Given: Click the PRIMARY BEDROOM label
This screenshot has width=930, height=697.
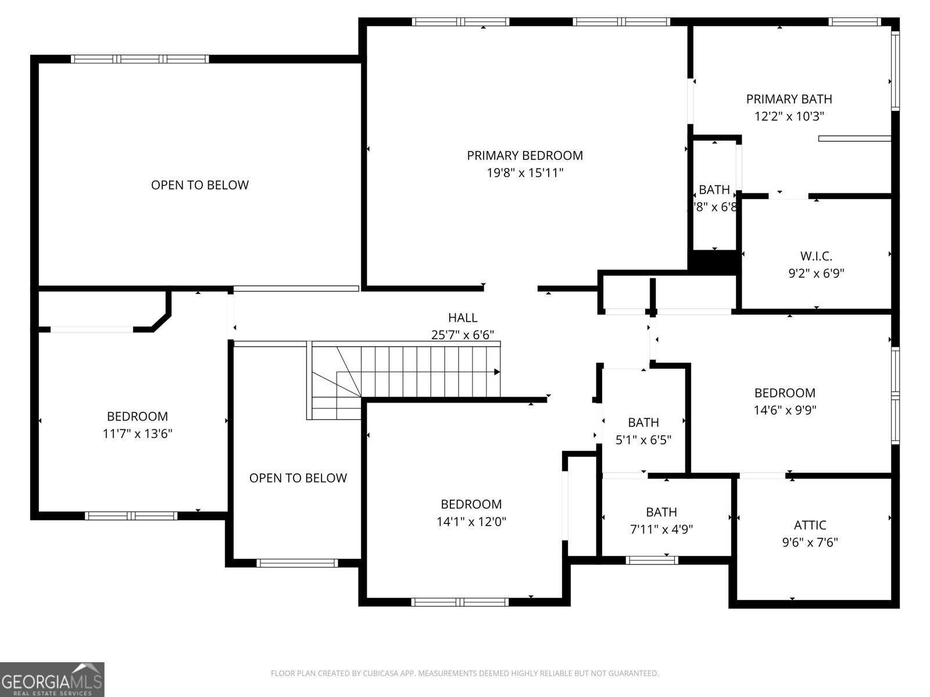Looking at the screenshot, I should (x=525, y=156).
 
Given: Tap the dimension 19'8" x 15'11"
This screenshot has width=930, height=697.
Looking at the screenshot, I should (x=525, y=173).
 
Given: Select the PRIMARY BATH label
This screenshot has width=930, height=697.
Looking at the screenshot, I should (x=789, y=99).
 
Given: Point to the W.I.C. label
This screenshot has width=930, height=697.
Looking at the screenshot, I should (x=816, y=256).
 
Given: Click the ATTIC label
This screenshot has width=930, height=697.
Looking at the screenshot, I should (x=810, y=526).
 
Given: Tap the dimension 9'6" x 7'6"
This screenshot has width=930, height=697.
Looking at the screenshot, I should (x=810, y=543).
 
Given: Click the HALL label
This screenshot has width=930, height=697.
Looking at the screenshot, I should (x=463, y=318).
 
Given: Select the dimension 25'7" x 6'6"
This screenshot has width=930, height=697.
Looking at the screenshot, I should (x=463, y=335).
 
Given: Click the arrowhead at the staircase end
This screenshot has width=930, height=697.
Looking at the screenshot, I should (x=497, y=372).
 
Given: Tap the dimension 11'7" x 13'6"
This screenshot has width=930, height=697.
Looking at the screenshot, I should (x=137, y=434).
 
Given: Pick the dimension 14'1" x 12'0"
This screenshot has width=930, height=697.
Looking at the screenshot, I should (x=471, y=522).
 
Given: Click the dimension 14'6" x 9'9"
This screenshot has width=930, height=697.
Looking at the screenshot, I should (x=785, y=411).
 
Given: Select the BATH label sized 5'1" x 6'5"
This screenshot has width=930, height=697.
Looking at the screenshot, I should (x=643, y=423).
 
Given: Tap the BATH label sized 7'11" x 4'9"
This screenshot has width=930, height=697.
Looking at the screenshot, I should (x=661, y=512).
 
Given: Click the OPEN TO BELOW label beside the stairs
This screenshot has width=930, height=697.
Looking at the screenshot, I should (x=298, y=478).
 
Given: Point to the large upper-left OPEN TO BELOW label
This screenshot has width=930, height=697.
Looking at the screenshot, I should (x=199, y=185).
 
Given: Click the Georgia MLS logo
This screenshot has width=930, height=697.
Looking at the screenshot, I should (x=52, y=679).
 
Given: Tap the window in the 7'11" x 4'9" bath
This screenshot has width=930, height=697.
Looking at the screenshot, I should (x=652, y=561).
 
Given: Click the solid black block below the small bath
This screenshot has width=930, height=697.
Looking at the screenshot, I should (x=714, y=260).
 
